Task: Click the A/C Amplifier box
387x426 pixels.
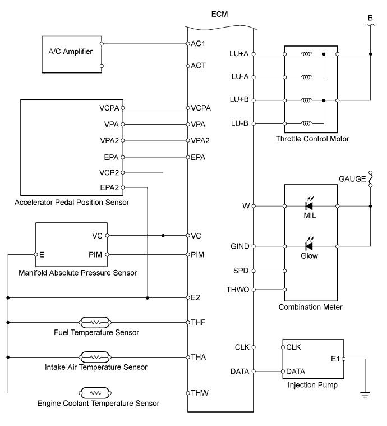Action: (71, 54)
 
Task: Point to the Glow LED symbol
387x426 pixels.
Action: (308, 246)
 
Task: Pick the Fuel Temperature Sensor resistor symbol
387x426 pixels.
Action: (95, 322)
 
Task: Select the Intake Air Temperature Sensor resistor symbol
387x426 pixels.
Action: (95, 357)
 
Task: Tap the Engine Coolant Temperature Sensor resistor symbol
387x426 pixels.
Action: (95, 392)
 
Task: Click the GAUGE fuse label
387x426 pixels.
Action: (351, 180)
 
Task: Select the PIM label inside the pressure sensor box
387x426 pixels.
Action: (95, 254)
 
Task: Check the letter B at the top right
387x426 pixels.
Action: (370, 18)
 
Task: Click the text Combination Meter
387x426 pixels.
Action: (311, 307)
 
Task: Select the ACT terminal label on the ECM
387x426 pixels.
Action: (199, 66)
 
